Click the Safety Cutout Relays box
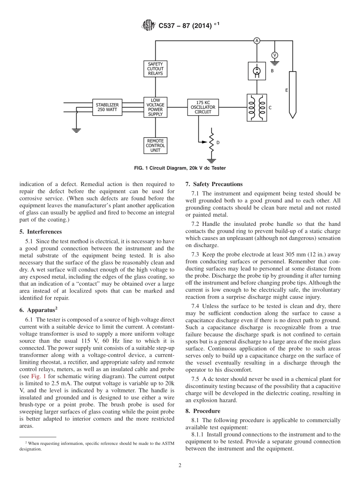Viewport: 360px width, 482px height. [155, 69]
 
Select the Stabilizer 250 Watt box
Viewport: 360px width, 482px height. [107, 107]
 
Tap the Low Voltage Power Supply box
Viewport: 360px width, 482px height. [155, 107]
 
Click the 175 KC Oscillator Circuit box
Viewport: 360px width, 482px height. [203, 107]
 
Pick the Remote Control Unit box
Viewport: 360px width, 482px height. [155, 146]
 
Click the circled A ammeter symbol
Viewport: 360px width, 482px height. [257, 41]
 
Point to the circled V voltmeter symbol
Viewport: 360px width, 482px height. [275, 55]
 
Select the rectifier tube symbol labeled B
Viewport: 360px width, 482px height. [257, 71]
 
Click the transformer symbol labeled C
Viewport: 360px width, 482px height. [257, 108]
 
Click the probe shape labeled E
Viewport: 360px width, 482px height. [292, 93]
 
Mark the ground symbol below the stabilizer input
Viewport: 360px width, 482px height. [77, 130]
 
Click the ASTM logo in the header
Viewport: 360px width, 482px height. [148, 26]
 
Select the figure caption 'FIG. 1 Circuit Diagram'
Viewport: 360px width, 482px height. [180, 168]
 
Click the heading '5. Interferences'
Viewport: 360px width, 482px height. [41, 232]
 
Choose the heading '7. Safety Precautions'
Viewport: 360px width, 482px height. [214, 184]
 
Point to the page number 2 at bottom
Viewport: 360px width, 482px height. [180, 466]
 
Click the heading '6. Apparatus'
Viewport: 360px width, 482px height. [38, 310]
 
